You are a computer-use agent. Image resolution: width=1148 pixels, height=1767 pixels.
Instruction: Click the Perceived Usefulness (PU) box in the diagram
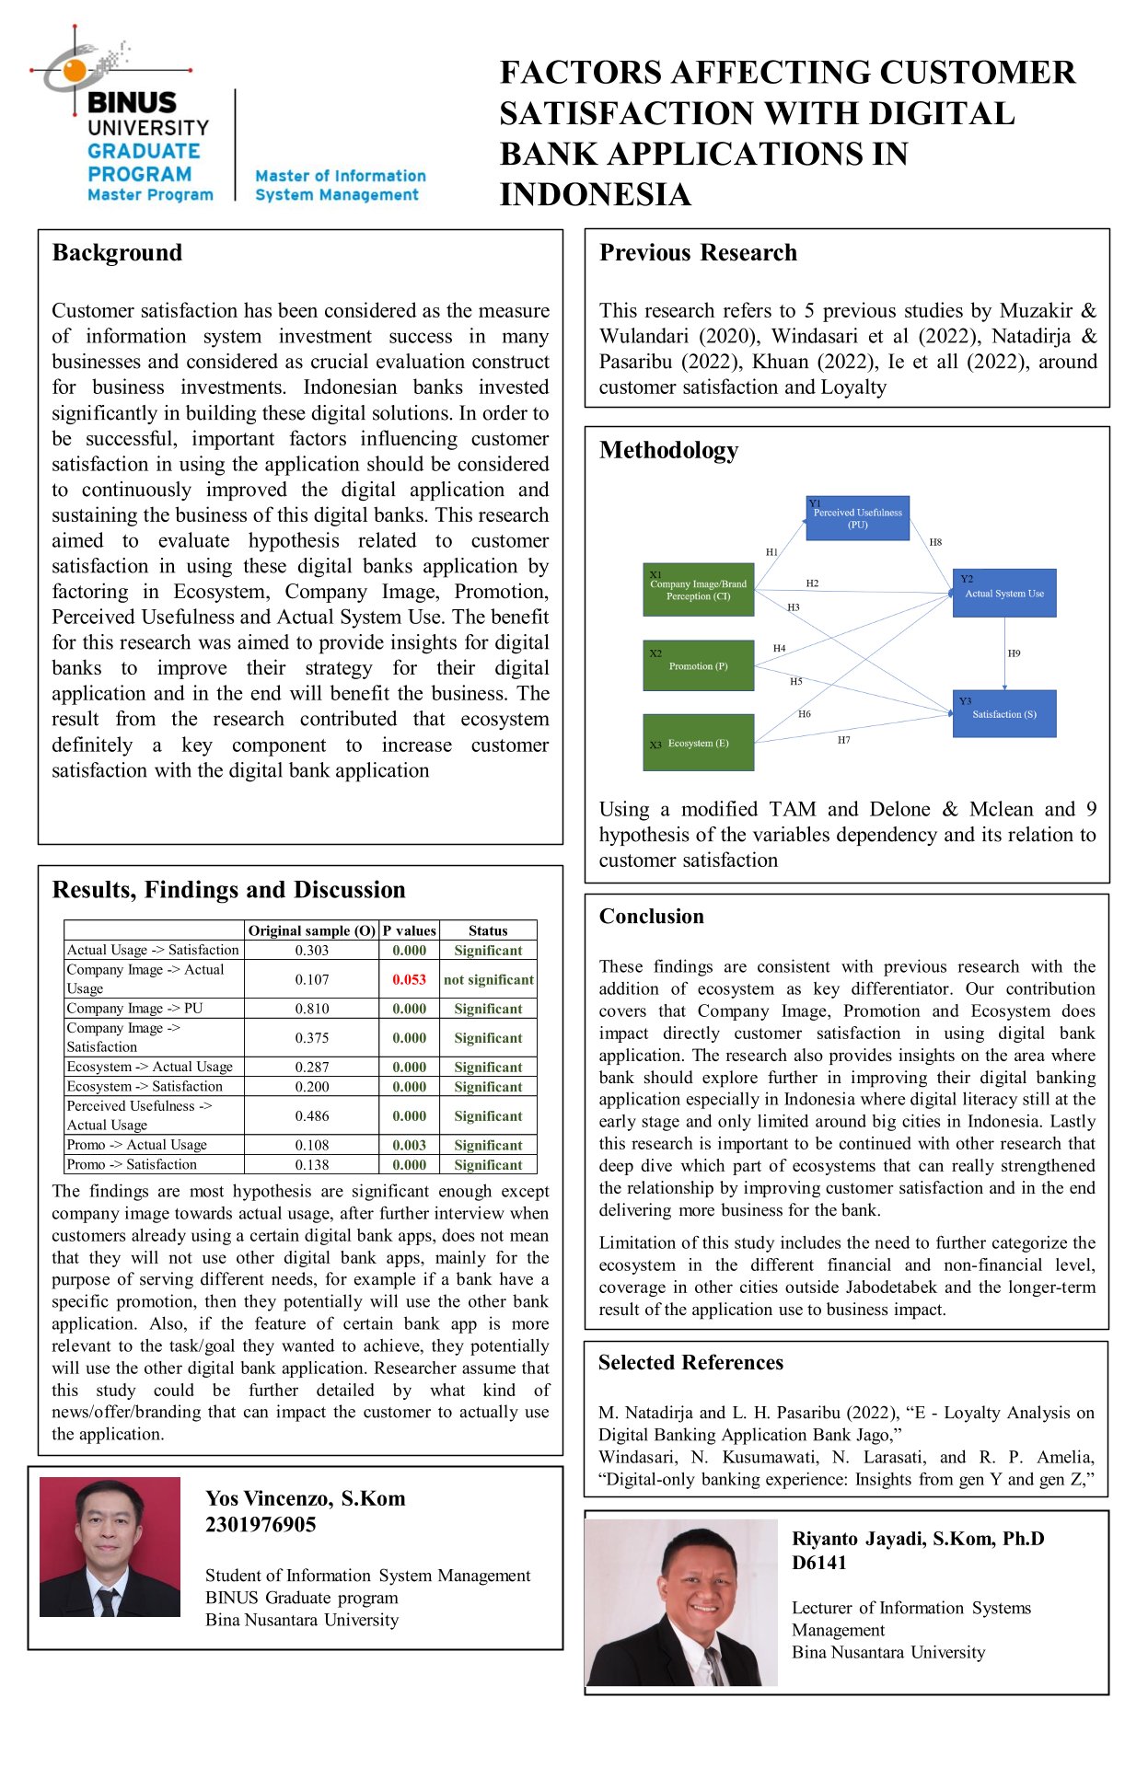pos(857,518)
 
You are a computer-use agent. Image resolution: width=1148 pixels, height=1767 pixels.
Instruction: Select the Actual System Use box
pos(1003,594)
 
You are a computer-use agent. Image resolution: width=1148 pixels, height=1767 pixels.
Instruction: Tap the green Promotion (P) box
pos(698,665)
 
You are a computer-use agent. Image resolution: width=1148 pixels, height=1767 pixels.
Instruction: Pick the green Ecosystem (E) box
pos(698,743)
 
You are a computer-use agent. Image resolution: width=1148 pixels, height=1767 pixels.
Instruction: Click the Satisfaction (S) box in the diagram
pos(1003,714)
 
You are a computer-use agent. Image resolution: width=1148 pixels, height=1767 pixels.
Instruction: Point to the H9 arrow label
pos(1014,653)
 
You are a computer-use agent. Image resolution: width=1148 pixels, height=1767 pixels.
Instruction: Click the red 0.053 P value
pos(409,979)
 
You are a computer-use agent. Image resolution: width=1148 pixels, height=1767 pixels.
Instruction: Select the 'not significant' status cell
pos(488,979)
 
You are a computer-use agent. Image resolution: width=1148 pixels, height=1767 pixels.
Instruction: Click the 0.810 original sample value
pos(312,1009)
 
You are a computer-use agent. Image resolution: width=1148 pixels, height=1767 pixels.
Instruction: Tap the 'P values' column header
pos(409,930)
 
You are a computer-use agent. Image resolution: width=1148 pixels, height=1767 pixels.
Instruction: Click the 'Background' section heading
pos(117,253)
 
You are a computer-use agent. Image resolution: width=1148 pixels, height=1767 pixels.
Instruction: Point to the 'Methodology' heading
pos(668,450)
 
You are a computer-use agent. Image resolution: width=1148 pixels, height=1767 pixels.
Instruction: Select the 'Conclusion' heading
pos(651,917)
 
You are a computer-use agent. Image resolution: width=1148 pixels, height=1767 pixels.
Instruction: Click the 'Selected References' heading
pos(690,1363)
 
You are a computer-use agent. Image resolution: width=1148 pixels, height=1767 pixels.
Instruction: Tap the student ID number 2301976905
pos(261,1525)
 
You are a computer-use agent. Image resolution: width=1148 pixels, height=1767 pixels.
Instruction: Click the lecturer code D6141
pos(818,1563)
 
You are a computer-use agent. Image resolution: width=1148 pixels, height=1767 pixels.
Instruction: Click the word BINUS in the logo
pos(132,102)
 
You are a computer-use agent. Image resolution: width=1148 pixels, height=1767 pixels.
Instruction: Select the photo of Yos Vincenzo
pos(110,1547)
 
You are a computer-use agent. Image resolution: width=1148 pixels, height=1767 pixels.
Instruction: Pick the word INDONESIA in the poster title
pos(595,195)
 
